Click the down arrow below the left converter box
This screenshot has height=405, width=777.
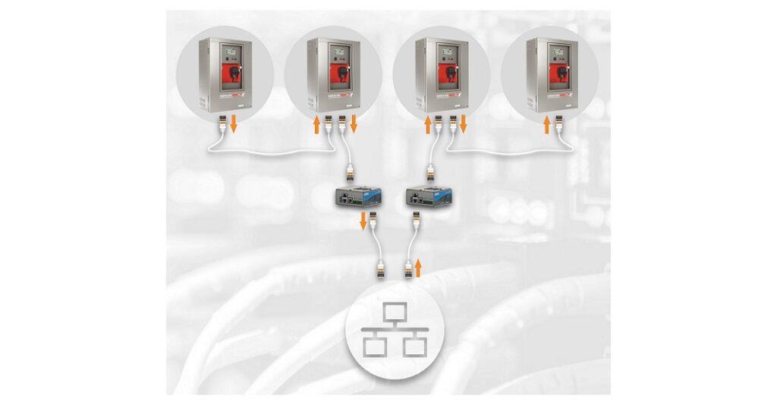click(363, 221)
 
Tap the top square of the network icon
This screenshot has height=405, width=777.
click(393, 312)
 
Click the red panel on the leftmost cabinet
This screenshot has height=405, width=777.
click(230, 73)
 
